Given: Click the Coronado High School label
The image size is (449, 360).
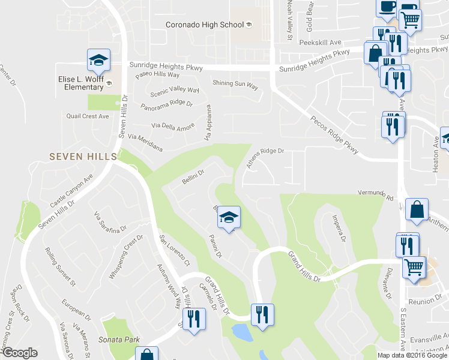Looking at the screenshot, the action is [205, 25].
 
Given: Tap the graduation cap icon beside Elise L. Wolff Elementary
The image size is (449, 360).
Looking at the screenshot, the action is [98, 61].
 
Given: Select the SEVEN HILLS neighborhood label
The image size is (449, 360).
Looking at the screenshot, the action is [83, 156].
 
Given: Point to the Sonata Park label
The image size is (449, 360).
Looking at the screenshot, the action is [120, 340].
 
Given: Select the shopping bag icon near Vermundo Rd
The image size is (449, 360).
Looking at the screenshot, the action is [417, 211].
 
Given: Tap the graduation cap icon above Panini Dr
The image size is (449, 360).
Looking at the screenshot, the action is [228, 217].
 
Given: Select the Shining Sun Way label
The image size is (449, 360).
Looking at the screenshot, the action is [235, 86].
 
